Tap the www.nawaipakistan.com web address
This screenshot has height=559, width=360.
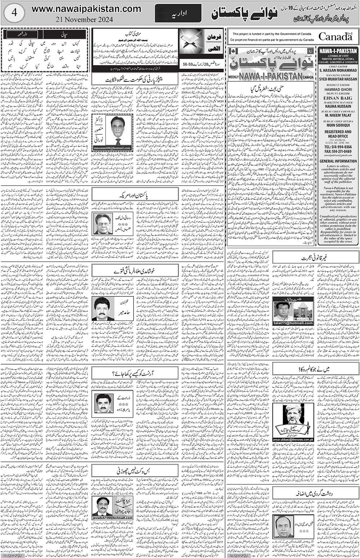[x=86, y=9]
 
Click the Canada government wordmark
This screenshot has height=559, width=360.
[x=335, y=36]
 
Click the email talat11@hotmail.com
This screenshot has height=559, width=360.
[x=293, y=323]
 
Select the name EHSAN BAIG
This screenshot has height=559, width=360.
[x=337, y=97]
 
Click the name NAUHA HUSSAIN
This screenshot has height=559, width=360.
[x=337, y=107]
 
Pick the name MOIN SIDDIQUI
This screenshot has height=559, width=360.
[x=337, y=127]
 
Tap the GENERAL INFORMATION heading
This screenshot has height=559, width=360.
[x=337, y=161]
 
